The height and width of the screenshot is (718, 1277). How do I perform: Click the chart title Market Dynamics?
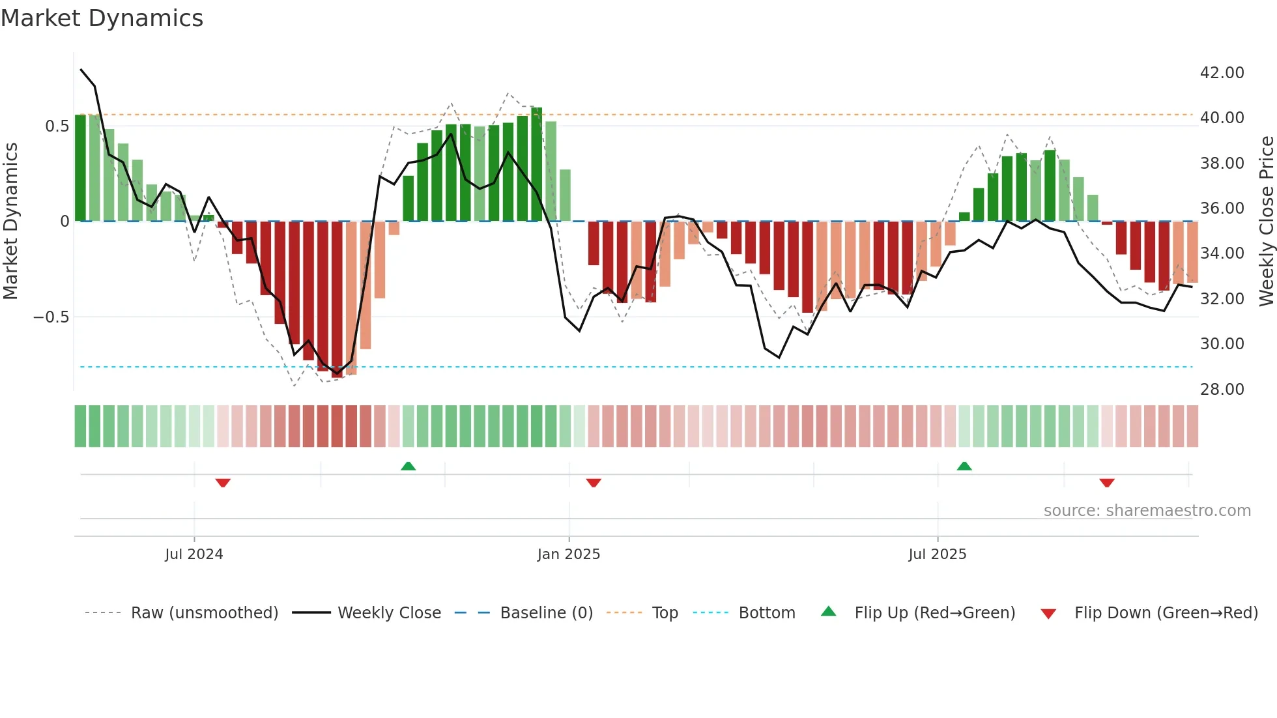[102, 18]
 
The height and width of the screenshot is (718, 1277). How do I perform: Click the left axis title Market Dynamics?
[11, 221]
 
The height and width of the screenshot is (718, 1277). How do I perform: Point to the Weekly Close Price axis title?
[1266, 221]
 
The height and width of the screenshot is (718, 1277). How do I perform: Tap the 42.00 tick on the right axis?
[1222, 72]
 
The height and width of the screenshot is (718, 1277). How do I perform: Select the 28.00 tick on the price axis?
[1222, 389]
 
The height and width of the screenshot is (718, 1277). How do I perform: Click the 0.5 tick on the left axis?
[57, 126]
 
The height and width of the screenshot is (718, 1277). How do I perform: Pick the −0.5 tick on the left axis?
[51, 317]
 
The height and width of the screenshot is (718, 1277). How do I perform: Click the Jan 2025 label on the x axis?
[568, 554]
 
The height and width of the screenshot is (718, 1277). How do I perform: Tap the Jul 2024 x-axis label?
[194, 554]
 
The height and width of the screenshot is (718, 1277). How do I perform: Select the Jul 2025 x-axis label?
[937, 554]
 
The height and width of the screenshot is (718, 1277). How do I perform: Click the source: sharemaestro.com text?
[1147, 510]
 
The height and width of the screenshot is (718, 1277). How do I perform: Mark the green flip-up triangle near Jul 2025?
[964, 466]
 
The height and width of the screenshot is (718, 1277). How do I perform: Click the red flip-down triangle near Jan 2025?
[594, 483]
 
